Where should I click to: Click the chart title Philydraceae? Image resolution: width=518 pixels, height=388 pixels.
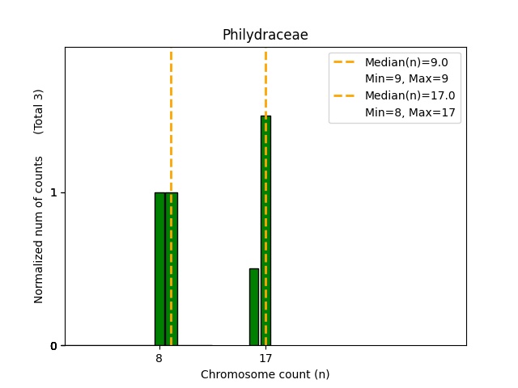(x=265, y=36)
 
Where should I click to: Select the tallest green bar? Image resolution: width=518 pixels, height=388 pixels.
(x=265, y=230)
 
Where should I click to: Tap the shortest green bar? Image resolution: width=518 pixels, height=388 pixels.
(x=254, y=307)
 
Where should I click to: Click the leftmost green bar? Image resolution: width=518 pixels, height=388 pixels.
(x=159, y=268)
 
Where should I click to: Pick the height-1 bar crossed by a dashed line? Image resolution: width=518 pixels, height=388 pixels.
(x=171, y=268)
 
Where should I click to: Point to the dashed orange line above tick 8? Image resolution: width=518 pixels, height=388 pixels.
(x=171, y=121)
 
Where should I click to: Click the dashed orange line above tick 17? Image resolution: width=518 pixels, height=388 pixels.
(x=265, y=81)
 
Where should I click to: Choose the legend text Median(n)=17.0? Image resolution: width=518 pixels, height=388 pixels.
(x=410, y=95)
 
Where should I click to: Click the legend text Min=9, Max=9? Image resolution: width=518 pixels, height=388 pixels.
(x=406, y=78)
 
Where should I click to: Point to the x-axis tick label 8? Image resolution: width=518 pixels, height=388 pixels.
(x=159, y=358)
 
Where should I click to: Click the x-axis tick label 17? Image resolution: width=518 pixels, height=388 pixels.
(x=265, y=358)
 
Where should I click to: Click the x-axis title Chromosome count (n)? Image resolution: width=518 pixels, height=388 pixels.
(x=265, y=374)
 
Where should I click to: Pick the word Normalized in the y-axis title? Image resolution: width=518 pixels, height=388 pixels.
(x=39, y=275)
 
